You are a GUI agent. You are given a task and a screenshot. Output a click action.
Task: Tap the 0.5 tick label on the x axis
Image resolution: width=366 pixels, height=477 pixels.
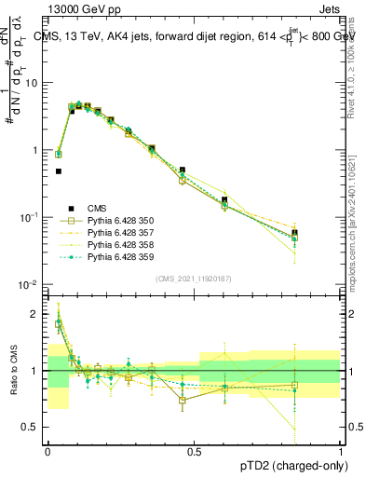click(195, 450)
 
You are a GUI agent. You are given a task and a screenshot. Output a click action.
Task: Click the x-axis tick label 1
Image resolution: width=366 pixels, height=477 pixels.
click(341, 450)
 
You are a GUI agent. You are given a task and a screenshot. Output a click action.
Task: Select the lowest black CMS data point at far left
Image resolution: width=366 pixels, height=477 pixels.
click(58, 171)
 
